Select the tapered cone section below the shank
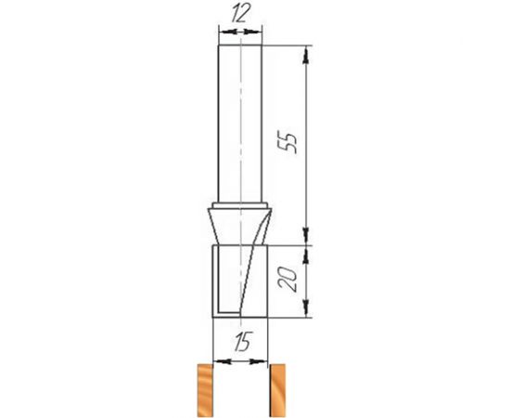point(239,227)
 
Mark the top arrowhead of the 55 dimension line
point(307,48)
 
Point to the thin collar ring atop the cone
point(239,205)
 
